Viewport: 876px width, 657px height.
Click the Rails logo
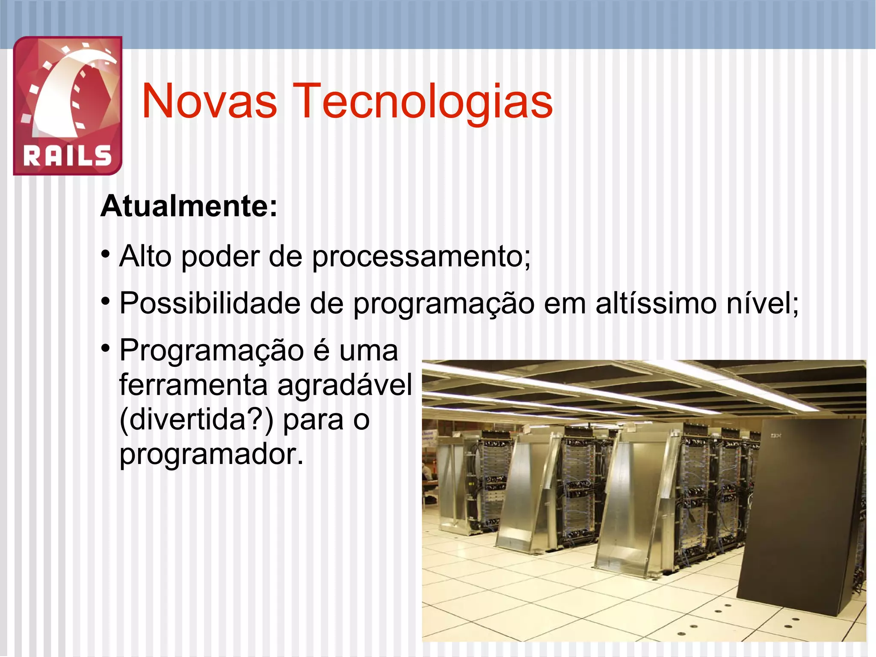[68, 105]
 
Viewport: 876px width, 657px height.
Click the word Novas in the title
[209, 101]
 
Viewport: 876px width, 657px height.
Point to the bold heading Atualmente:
[189, 207]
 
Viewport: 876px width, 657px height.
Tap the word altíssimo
[656, 303]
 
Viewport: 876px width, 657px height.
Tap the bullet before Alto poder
[106, 255]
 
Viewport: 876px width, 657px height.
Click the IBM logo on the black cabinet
[776, 436]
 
